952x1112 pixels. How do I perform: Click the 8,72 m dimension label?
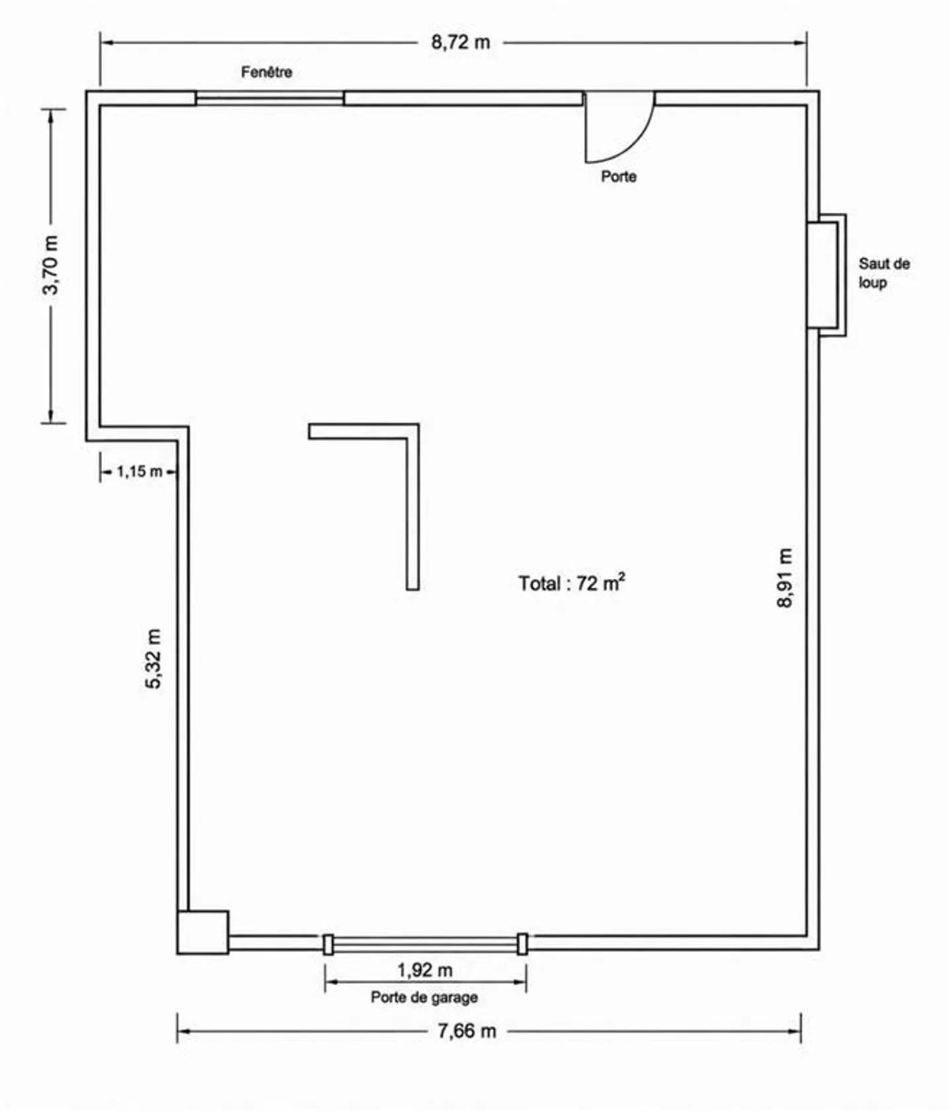461,42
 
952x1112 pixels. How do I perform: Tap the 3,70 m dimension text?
50,265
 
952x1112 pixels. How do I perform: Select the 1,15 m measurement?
139,472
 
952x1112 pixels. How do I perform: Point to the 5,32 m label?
153,658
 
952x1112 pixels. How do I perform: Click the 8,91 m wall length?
785,577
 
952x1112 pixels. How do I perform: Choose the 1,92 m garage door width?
424,970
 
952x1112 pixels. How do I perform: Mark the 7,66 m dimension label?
467,1031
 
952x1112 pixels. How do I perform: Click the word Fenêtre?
266,72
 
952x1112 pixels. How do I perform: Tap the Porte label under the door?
619,177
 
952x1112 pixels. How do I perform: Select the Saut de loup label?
884,273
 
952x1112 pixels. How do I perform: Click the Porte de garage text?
424,997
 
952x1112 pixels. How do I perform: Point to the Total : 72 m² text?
572,582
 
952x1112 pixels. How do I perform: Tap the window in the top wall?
270,99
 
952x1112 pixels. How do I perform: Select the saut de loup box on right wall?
826,275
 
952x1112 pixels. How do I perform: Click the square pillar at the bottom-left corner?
203,932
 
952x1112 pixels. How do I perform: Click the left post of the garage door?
328,944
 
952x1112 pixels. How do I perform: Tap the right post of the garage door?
522,944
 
